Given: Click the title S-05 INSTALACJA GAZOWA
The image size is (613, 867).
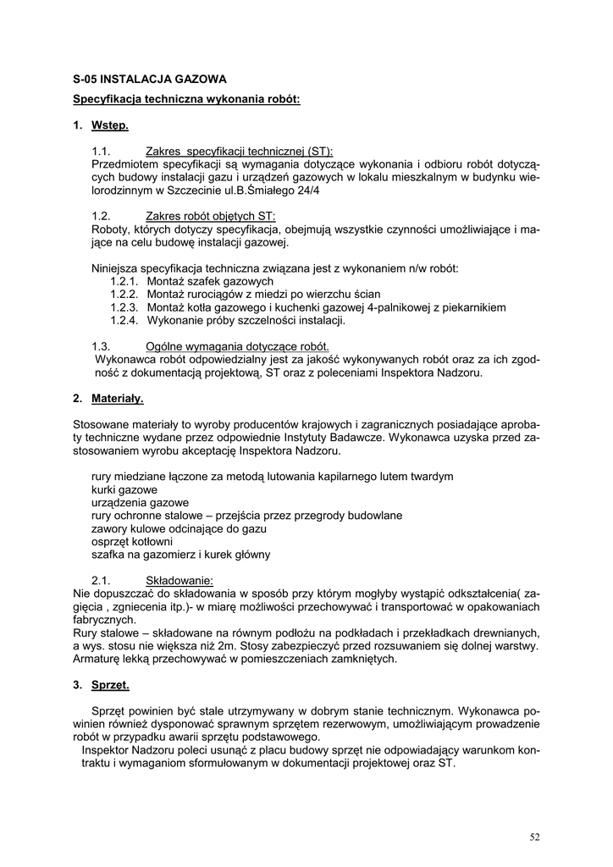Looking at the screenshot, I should coord(150,79).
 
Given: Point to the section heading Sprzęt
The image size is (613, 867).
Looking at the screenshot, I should coord(110,684).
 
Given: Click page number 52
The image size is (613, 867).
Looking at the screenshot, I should coord(534,837).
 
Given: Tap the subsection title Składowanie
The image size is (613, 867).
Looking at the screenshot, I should coord(179,581).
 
